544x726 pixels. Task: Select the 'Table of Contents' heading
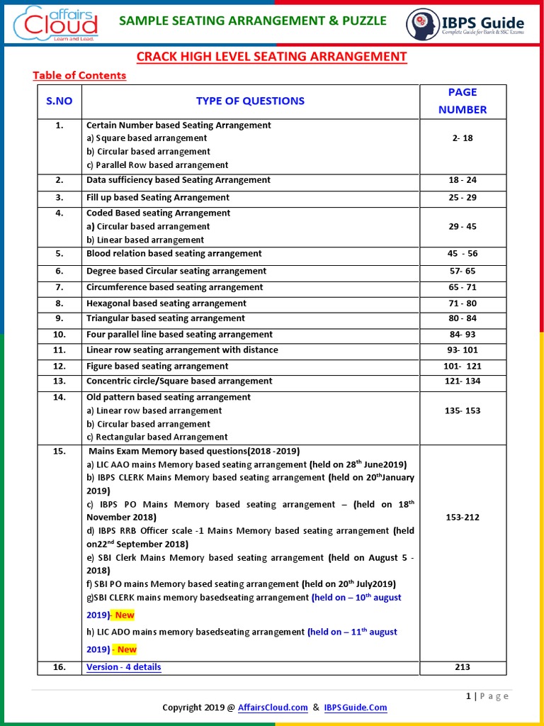pyautogui.click(x=79, y=75)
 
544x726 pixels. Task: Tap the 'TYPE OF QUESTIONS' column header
pyautogui.click(x=250, y=101)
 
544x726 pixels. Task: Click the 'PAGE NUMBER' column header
pyautogui.click(x=462, y=101)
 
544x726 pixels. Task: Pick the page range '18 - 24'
pyautogui.click(x=463, y=180)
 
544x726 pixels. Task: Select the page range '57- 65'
pyautogui.click(x=463, y=271)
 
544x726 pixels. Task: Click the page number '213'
pyautogui.click(x=462, y=667)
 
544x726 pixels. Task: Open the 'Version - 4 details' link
pyautogui.click(x=123, y=667)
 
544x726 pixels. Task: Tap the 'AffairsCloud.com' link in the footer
pyautogui.click(x=273, y=708)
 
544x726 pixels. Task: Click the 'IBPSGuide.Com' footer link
pyautogui.click(x=355, y=708)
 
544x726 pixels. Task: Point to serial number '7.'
pyautogui.click(x=59, y=287)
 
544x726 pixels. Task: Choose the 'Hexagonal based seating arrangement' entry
pyautogui.click(x=166, y=303)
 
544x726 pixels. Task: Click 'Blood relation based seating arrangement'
pyautogui.click(x=174, y=253)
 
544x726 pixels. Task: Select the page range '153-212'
pyautogui.click(x=462, y=518)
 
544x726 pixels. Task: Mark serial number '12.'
pyautogui.click(x=59, y=366)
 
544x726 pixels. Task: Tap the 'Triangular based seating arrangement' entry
pyautogui.click(x=166, y=318)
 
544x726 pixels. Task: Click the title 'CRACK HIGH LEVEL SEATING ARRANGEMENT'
pyautogui.click(x=271, y=57)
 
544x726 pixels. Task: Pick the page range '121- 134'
pyautogui.click(x=462, y=381)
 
